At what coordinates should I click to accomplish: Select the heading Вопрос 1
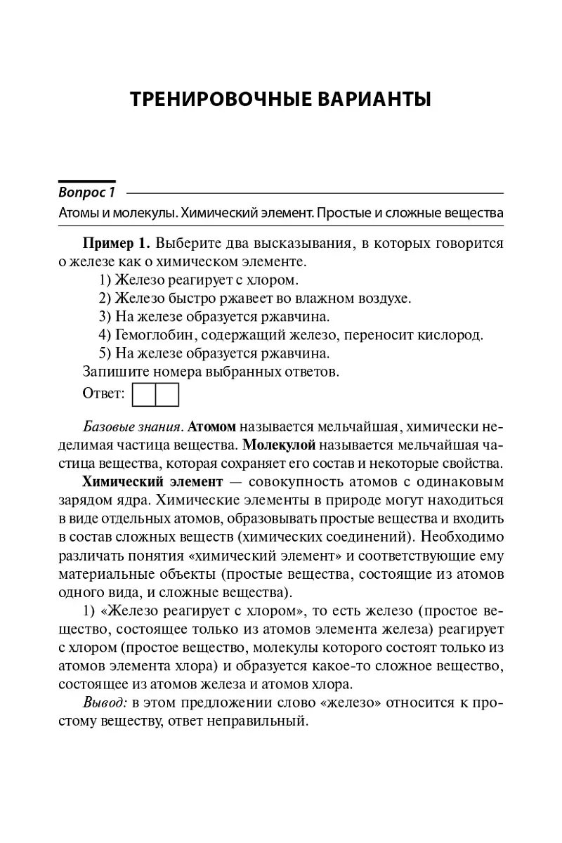(x=86, y=192)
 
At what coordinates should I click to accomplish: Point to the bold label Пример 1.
(x=117, y=244)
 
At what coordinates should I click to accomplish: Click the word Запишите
(x=115, y=371)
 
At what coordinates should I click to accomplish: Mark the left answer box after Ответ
(x=144, y=394)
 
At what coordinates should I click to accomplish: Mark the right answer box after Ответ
(x=167, y=394)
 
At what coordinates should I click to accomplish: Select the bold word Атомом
(x=214, y=426)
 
